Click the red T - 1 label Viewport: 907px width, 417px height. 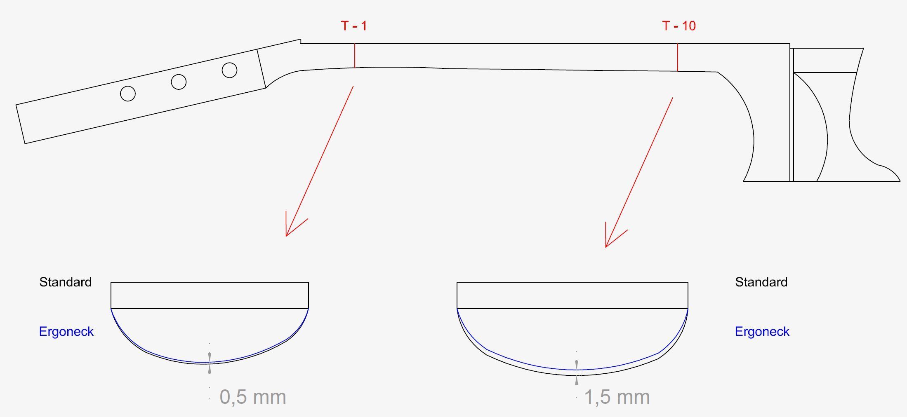[354, 26]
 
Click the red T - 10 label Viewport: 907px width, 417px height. [679, 26]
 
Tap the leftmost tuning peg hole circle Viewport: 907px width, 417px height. [128, 94]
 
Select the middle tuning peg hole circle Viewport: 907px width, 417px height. [179, 82]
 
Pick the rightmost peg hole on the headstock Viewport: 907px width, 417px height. [229, 70]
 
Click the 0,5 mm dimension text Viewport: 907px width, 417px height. [252, 397]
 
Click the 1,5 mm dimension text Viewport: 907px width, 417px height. [617, 397]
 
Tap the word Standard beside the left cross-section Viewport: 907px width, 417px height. [65, 282]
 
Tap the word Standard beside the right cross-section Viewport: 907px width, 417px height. [761, 282]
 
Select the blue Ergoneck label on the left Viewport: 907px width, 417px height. [66, 332]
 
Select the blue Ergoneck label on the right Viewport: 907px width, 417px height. [762, 332]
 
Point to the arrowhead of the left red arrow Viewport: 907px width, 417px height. [287, 234]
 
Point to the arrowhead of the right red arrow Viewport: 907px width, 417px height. [607, 245]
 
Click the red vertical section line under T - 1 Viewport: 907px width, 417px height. [354, 56]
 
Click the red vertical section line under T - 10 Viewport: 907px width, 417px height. [678, 58]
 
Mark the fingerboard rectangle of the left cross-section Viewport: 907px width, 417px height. [210, 295]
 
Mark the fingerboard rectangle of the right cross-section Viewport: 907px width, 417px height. [572, 295]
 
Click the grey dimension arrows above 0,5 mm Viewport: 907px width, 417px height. [210, 363]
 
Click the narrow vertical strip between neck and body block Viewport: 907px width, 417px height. [792, 115]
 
